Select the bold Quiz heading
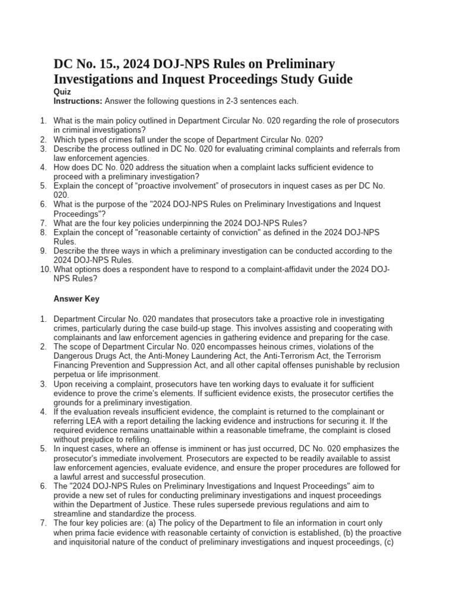pyautogui.click(x=62, y=92)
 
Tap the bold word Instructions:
pyautogui.click(x=78, y=102)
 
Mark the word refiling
pyautogui.click(x=135, y=439)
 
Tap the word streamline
pyautogui.click(x=72, y=514)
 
